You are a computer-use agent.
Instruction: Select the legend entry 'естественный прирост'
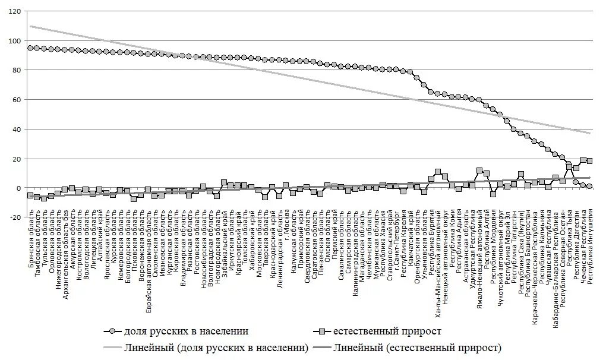(x=387, y=331)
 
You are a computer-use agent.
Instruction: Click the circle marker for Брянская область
(x=30, y=48)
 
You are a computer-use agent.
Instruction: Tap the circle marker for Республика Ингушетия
(x=589, y=187)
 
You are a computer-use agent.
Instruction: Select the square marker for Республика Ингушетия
(x=589, y=161)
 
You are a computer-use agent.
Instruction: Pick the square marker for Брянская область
(x=30, y=195)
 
